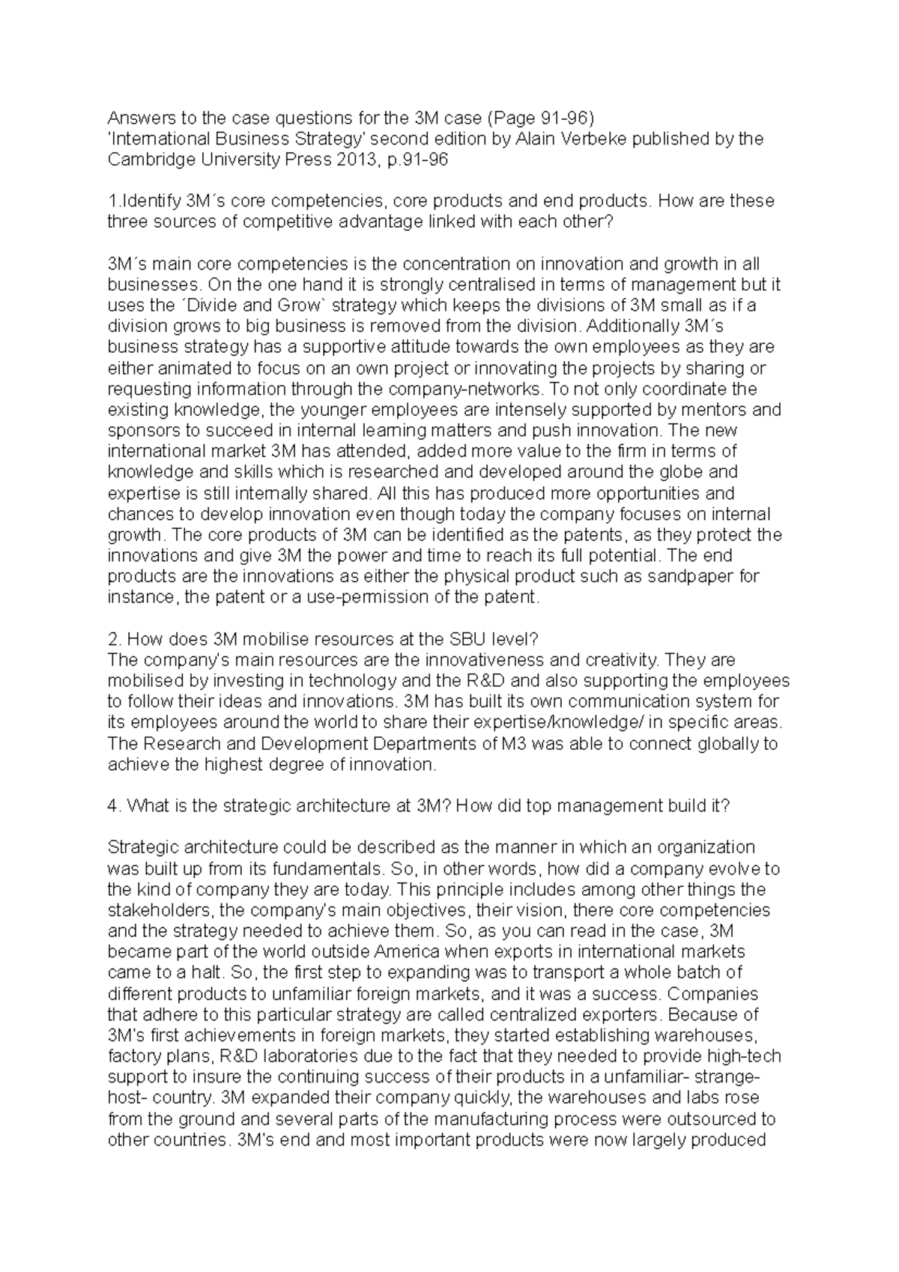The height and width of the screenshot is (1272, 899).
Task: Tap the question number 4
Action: click(113, 806)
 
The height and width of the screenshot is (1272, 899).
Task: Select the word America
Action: click(405, 952)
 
